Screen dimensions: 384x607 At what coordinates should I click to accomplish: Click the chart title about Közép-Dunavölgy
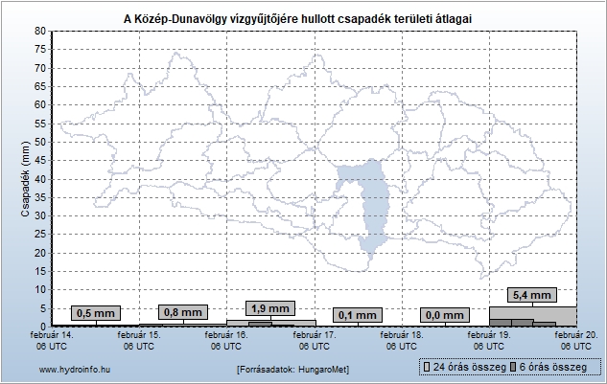(303, 18)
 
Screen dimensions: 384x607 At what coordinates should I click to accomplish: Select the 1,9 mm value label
(270, 308)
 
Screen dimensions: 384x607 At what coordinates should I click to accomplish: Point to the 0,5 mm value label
(95, 313)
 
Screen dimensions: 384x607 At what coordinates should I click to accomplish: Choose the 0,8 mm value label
(182, 312)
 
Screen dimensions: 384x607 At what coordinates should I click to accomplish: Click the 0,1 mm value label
(358, 314)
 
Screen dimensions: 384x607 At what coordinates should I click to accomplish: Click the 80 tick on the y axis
(39, 31)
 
